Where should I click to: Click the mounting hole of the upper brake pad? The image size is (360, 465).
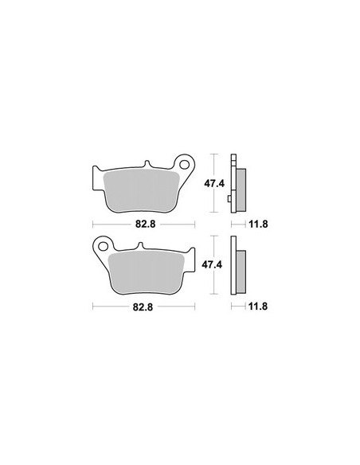pyautogui.click(x=185, y=164)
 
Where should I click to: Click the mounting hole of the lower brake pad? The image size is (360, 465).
pyautogui.click(x=104, y=246)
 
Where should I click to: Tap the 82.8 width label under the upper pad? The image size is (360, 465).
pyautogui.click(x=145, y=224)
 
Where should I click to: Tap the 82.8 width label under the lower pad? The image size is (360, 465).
pyautogui.click(x=143, y=307)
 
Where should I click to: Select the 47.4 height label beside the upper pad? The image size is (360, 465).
pyautogui.click(x=214, y=184)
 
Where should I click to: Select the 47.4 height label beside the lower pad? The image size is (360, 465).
pyautogui.click(x=212, y=264)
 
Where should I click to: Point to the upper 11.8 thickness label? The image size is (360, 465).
pyautogui.click(x=258, y=224)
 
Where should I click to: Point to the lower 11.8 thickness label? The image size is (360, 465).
pyautogui.click(x=258, y=306)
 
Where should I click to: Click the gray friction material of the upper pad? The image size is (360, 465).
pyautogui.click(x=142, y=190)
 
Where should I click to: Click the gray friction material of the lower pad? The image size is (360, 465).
pyautogui.click(x=147, y=272)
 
